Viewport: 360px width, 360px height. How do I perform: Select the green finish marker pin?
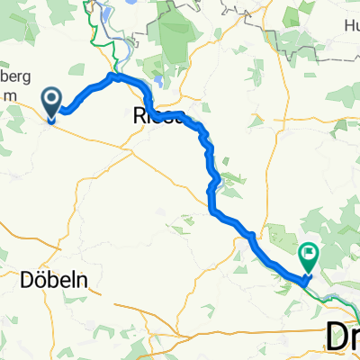309,257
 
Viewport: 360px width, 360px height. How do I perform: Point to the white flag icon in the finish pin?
309,254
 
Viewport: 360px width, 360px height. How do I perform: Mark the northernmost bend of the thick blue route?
113,76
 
